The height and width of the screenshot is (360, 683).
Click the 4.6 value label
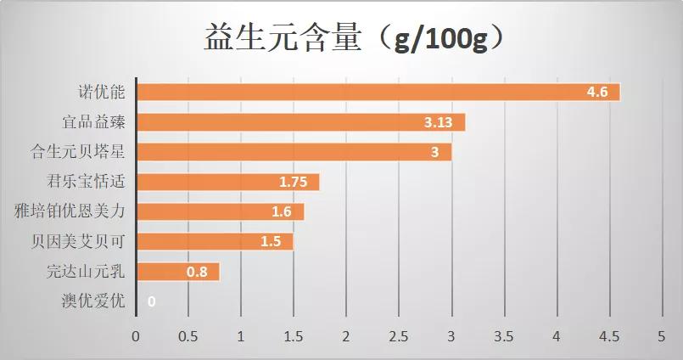click(597, 92)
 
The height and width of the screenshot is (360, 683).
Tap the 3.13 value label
click(439, 122)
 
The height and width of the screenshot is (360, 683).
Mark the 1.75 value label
click(294, 182)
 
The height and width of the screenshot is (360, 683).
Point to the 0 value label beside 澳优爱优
click(151, 301)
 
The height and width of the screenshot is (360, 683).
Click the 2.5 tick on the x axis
click(399, 336)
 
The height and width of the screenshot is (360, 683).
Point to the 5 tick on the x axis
click(662, 336)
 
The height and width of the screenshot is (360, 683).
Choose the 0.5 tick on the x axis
click(188, 336)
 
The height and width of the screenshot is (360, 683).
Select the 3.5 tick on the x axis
click(504, 336)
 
